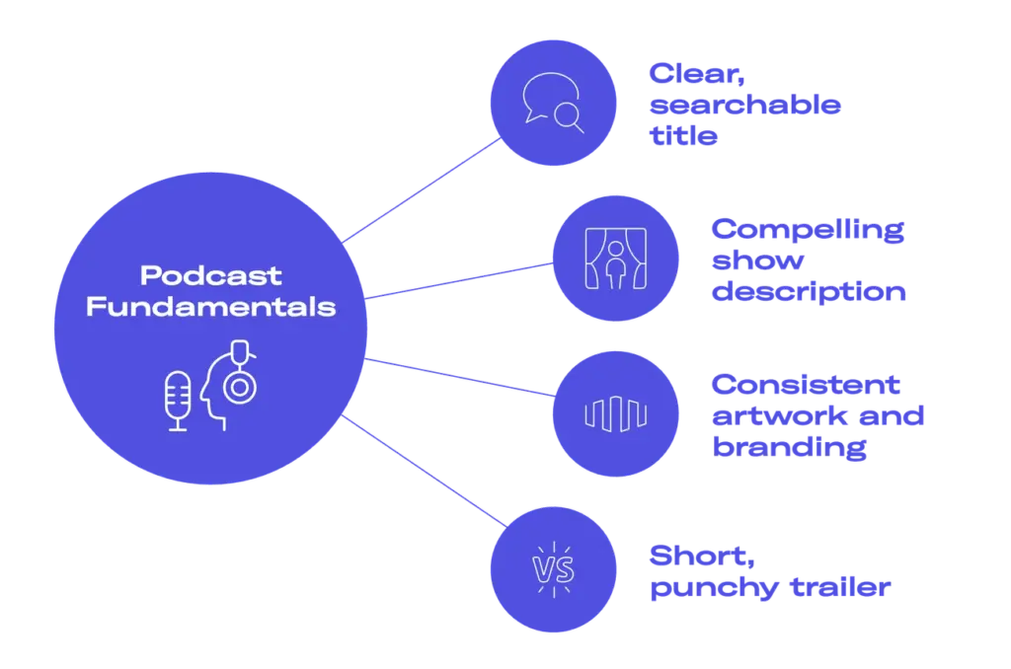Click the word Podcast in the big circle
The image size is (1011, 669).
pyautogui.click(x=210, y=275)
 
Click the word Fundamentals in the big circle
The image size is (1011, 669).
pyautogui.click(x=210, y=307)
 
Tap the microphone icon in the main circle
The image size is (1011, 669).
pyautogui.click(x=178, y=400)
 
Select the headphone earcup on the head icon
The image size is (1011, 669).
pyautogui.click(x=238, y=387)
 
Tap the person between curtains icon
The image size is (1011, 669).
pyautogui.click(x=614, y=259)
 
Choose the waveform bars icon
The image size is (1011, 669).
pyautogui.click(x=614, y=412)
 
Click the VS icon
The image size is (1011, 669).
pyautogui.click(x=553, y=570)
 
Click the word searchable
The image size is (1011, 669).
pyautogui.click(x=744, y=105)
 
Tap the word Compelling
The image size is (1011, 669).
pyautogui.click(x=807, y=230)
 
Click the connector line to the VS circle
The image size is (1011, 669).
pyautogui.click(x=425, y=470)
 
